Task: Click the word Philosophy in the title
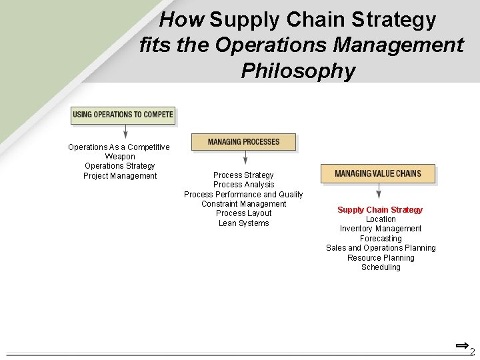pos(298,70)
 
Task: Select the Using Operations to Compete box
pos(123,115)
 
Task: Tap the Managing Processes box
pos(243,142)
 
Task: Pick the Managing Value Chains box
pos(378,173)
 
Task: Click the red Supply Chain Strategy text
pos(380,210)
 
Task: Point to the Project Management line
pos(120,176)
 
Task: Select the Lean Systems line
pos(244,223)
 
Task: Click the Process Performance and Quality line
pos(243,195)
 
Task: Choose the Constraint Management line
pos(243,204)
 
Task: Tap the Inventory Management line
pos(381,229)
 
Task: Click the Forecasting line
pos(381,239)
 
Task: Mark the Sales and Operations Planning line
pos(381,248)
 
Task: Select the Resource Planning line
pos(381,258)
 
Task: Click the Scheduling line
pos(381,267)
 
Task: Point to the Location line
pos(381,219)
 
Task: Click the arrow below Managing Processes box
pos(245,157)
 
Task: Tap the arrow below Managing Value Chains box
pos(379,192)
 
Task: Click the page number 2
pos(472,352)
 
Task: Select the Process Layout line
pos(244,213)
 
